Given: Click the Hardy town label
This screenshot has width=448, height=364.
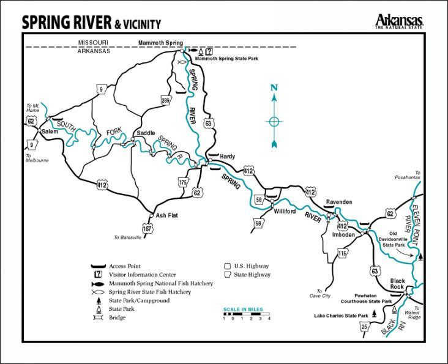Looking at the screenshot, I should pyautogui.click(x=227, y=157).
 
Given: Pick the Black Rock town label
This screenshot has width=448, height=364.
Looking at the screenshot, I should pyautogui.click(x=398, y=284).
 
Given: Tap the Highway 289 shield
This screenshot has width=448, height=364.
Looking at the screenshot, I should pyautogui.click(x=165, y=100).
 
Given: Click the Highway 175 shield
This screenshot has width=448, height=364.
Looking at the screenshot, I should pyautogui.click(x=182, y=182).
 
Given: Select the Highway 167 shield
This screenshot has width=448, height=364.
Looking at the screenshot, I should pyautogui.click(x=147, y=229).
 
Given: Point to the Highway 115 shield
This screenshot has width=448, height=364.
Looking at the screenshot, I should pyautogui.click(x=342, y=253).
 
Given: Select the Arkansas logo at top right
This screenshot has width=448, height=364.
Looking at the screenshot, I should pyautogui.click(x=400, y=21).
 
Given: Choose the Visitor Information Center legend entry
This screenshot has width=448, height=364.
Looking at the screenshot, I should pyautogui.click(x=142, y=275).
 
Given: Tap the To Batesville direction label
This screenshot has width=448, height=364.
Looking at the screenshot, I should pyautogui.click(x=129, y=237).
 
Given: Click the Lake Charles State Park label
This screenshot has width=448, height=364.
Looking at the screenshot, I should pyautogui.click(x=342, y=316).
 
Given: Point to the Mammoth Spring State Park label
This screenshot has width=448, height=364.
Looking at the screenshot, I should pyautogui.click(x=225, y=59).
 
